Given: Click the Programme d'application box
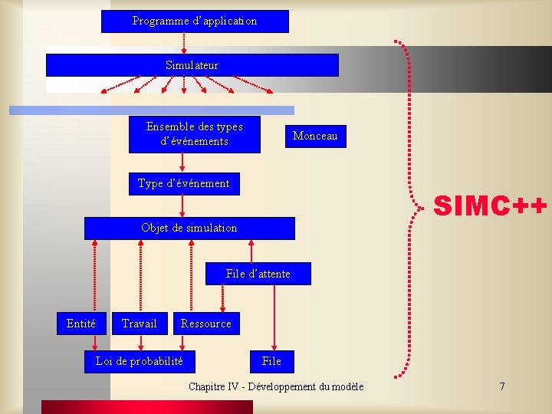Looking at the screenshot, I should click(x=195, y=21).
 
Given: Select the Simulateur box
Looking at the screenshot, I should click(x=192, y=65).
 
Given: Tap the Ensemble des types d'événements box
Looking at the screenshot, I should click(x=194, y=134).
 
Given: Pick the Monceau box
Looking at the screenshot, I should click(x=314, y=136).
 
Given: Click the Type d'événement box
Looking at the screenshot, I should click(x=183, y=183).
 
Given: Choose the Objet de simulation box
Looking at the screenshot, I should click(x=189, y=228).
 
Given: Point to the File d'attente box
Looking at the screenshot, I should click(x=258, y=274).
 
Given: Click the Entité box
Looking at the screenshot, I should click(x=81, y=324).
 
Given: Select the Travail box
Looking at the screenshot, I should click(x=139, y=324).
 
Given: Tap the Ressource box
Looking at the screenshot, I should click(x=205, y=324).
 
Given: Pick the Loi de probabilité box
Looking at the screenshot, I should click(x=139, y=361).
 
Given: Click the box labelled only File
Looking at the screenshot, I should click(x=271, y=361).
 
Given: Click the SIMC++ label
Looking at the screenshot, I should click(x=491, y=205).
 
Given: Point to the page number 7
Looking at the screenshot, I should click(x=502, y=386).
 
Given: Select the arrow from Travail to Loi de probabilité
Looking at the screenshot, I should click(x=140, y=342).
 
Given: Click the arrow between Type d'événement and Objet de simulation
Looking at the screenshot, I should click(x=182, y=205).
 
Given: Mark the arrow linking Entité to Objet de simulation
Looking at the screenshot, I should click(x=94, y=276).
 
